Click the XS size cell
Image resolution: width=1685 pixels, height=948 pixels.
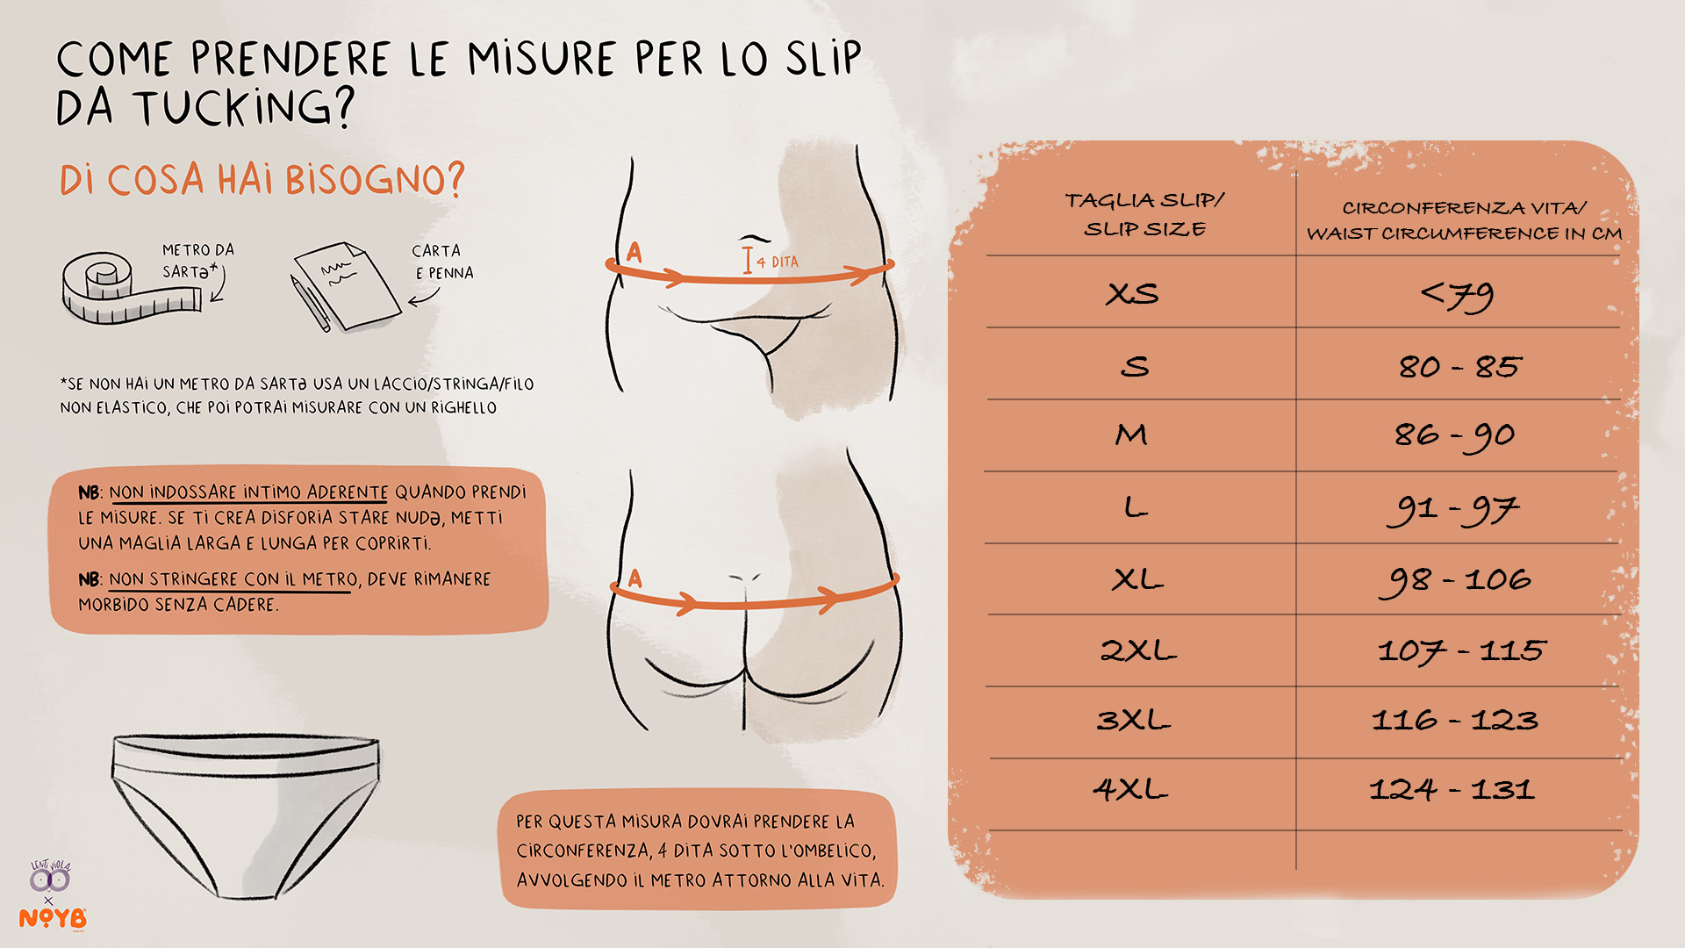(1132, 293)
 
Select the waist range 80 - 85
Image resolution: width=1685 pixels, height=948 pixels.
(1459, 366)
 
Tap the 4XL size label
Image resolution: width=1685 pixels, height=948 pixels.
(1130, 788)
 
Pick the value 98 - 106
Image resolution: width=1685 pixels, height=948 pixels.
(1455, 581)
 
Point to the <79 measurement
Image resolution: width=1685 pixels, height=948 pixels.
(1458, 297)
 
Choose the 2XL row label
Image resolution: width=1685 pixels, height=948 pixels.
(1138, 650)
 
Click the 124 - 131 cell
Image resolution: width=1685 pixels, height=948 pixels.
(1452, 789)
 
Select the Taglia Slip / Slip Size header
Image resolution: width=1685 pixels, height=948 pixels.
(1144, 214)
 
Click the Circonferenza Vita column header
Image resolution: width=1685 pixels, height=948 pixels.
(1464, 220)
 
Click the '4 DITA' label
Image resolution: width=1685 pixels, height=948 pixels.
(778, 262)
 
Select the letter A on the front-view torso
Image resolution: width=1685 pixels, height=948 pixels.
(635, 253)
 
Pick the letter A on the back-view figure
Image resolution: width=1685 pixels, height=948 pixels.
(635, 578)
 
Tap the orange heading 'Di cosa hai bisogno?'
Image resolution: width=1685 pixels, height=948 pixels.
(262, 180)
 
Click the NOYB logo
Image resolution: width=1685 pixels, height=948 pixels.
(53, 918)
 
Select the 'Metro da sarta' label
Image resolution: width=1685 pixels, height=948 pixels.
(198, 261)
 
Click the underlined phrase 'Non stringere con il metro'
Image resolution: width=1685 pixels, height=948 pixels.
(233, 580)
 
